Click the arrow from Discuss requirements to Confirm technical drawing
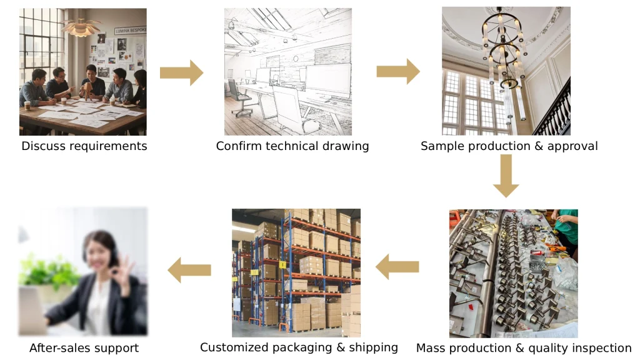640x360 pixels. coord(181,72)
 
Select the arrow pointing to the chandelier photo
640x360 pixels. coord(397,71)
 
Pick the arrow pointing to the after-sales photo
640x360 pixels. coord(189,270)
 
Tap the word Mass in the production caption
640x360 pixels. coord(431,348)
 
